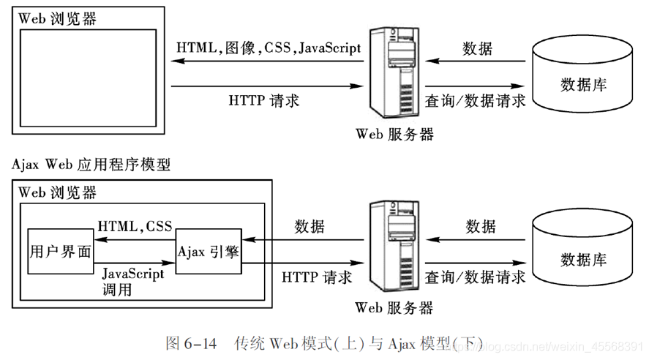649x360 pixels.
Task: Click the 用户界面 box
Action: click(x=61, y=252)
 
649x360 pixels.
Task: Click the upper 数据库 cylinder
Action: click(x=582, y=73)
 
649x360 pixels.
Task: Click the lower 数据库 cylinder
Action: click(x=582, y=249)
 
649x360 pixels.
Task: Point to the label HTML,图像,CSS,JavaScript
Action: click(x=269, y=48)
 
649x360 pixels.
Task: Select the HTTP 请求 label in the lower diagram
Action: click(x=316, y=277)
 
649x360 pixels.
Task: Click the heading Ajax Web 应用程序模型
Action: click(x=91, y=165)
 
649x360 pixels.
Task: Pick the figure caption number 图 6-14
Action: click(x=192, y=342)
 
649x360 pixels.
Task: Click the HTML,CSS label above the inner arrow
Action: click(x=135, y=226)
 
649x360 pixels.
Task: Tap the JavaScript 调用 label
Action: click(x=133, y=281)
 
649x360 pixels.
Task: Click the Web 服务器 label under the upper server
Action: click(x=394, y=134)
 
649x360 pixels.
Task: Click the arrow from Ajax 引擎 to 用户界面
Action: click(x=135, y=238)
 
